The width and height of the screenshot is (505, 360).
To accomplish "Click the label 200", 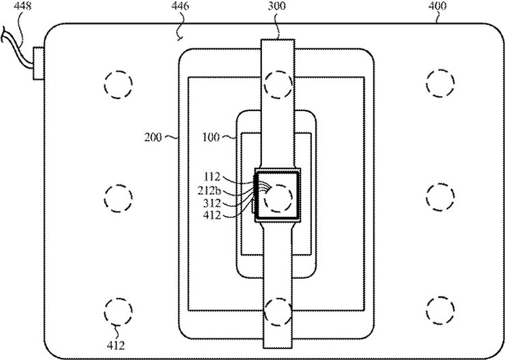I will (x=154, y=136).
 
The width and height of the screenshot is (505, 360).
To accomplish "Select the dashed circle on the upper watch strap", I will (x=278, y=84).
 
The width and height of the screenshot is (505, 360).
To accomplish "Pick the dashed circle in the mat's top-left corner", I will (x=116, y=84).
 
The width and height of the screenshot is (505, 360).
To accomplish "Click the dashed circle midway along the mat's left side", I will (x=116, y=198).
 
